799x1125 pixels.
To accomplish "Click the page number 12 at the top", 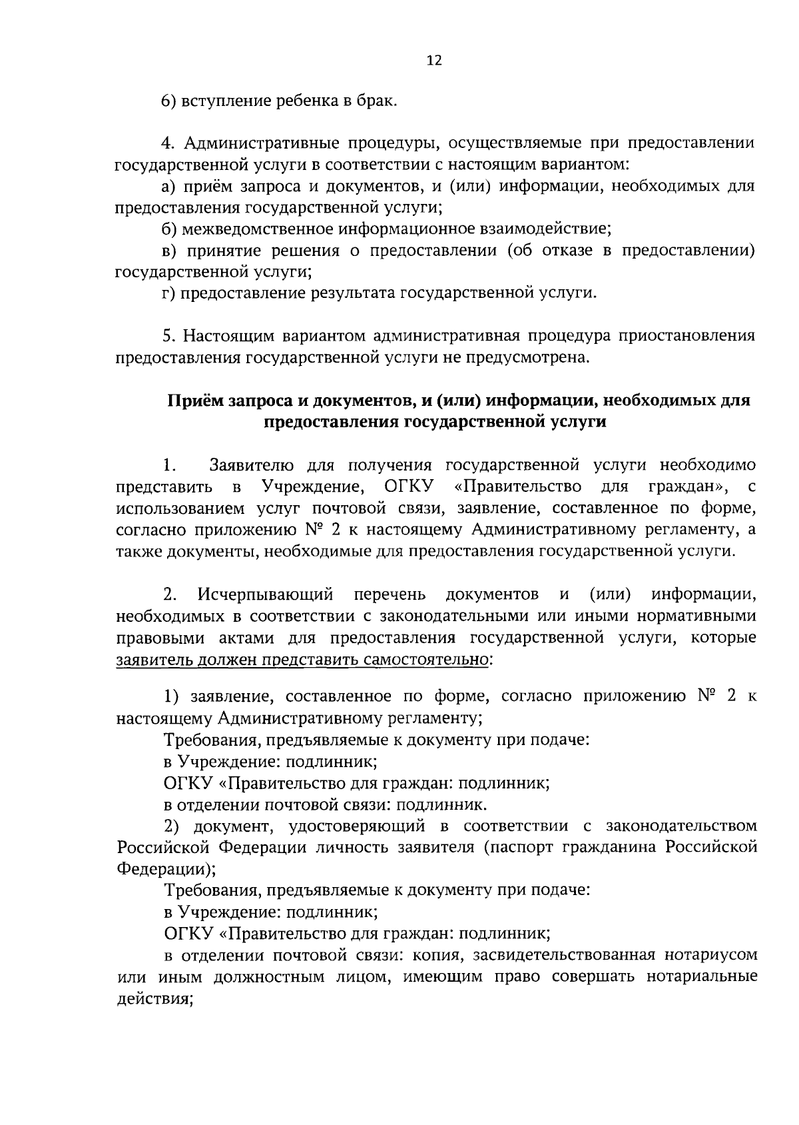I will point(433,61).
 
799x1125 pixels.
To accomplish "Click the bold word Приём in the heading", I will point(194,401).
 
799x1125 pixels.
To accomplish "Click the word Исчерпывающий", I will point(265,594).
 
